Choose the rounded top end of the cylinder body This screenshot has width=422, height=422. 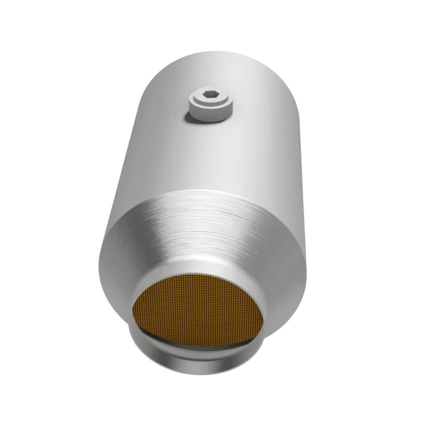point(218,58)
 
